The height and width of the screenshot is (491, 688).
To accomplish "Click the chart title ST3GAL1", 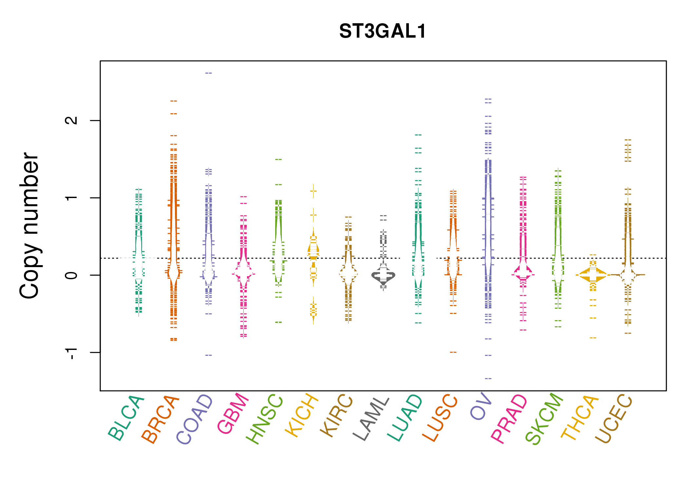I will pos(382,31).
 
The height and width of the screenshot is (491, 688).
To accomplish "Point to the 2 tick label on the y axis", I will pos(71,120).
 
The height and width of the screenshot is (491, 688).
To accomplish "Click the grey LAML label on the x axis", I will pos(371,419).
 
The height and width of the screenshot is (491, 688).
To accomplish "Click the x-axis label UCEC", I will pos(614,419).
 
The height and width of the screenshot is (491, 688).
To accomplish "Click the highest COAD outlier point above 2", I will pos(209,73).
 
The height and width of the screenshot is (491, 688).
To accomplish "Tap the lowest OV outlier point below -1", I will pos(488,378).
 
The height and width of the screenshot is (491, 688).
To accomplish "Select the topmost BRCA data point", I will pos(174,101).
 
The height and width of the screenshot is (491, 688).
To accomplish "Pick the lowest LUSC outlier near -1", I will pos(453,352).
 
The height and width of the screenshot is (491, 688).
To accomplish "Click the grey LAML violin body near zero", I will pos(383,276).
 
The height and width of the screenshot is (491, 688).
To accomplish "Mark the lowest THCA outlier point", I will pos(593,338).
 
